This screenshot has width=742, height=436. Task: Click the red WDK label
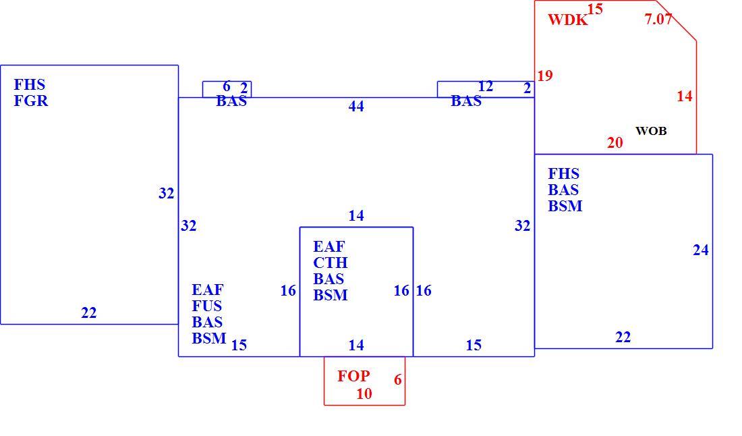568,20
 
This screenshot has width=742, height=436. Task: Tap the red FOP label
353,376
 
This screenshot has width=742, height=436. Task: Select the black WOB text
651,131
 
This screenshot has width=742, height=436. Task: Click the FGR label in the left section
31,101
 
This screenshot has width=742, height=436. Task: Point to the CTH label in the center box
331,263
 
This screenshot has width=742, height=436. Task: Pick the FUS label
207,306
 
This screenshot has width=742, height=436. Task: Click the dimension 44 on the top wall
356,107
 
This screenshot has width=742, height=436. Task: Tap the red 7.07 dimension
658,19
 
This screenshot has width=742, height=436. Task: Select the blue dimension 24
701,250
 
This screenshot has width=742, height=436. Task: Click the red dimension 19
545,76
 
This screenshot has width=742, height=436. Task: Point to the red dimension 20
615,142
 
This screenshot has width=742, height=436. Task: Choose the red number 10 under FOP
364,394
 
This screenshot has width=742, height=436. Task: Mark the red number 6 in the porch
398,380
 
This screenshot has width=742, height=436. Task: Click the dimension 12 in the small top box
486,86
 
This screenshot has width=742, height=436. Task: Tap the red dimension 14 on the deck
685,96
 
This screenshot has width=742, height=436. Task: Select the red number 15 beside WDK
596,9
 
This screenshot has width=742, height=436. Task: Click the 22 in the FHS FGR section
89,313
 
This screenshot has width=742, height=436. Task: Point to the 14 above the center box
356,216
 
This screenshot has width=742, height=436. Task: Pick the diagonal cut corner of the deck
676,20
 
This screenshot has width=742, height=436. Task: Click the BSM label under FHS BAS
565,206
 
